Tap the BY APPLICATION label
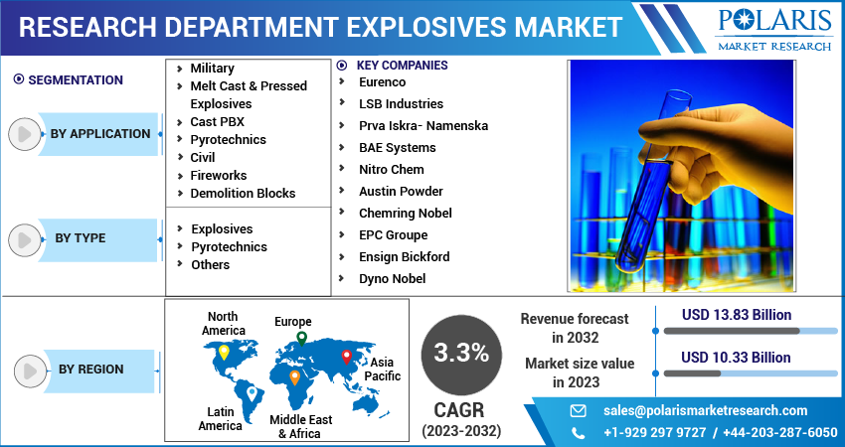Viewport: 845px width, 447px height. tap(100, 134)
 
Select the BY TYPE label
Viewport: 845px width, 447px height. tap(81, 238)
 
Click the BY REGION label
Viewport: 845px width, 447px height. tap(90, 370)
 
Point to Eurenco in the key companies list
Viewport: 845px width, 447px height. tap(383, 82)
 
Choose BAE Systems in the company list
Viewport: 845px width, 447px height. tap(397, 148)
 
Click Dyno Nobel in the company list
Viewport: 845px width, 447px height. tap(392, 279)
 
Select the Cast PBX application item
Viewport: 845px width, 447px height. tap(217, 122)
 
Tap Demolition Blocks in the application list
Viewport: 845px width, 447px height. tap(243, 194)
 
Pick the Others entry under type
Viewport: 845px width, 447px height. tap(210, 265)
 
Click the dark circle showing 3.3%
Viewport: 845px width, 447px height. tap(461, 353)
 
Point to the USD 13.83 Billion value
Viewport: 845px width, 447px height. tap(737, 316)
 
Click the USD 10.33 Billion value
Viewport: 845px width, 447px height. tap(737, 358)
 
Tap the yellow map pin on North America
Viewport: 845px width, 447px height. tap(224, 352)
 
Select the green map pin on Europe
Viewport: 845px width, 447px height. tap(301, 340)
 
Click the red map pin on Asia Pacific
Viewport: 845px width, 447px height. tap(346, 356)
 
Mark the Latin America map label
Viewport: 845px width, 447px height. tap(220, 418)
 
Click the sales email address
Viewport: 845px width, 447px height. tap(706, 410)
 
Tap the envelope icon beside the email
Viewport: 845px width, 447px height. tap(578, 410)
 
